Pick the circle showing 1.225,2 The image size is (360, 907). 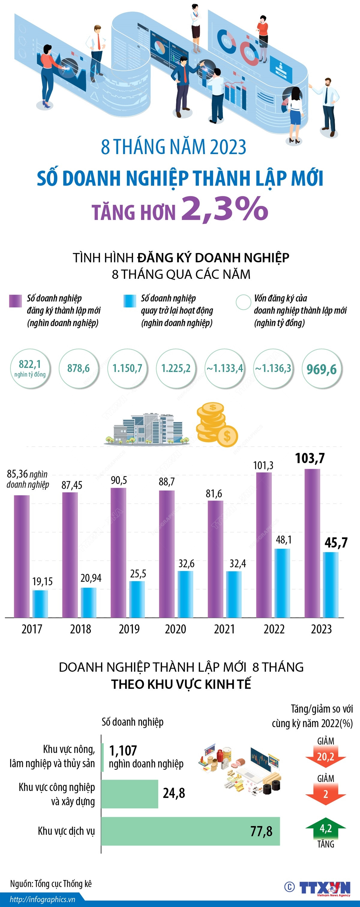coord(176,368)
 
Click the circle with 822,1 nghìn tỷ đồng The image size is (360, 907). coord(30,368)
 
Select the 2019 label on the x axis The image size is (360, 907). coord(129,629)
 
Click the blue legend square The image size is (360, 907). coord(130,301)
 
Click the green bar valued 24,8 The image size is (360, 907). coord(129,794)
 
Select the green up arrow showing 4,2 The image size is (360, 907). coord(325,829)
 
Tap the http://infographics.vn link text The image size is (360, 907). coord(42,899)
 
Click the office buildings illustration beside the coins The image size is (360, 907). coord(148,430)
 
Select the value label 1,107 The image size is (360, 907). coord(123,750)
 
